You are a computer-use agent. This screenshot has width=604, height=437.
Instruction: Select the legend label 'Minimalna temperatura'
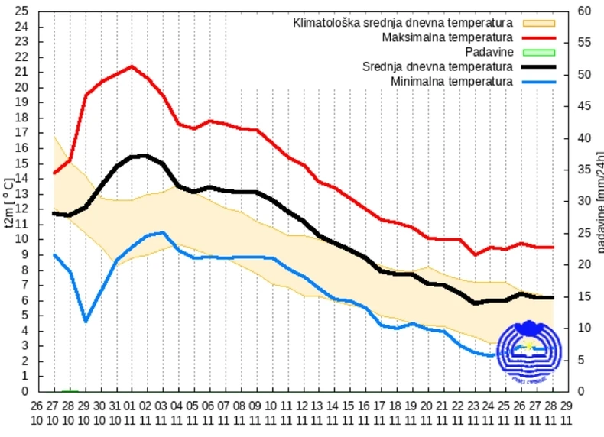(451, 81)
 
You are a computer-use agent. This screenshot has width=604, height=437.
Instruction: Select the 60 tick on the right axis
(585, 11)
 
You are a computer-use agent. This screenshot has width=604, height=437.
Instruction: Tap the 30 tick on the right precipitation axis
(585, 202)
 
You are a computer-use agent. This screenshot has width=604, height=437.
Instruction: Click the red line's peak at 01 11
(131, 66)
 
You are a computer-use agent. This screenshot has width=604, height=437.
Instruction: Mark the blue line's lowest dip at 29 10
(85, 321)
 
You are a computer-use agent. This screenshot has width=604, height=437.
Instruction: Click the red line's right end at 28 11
(551, 247)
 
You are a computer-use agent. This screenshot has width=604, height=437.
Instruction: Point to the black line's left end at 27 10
(54, 213)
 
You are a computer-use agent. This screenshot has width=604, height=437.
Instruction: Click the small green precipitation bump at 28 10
(70, 390)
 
